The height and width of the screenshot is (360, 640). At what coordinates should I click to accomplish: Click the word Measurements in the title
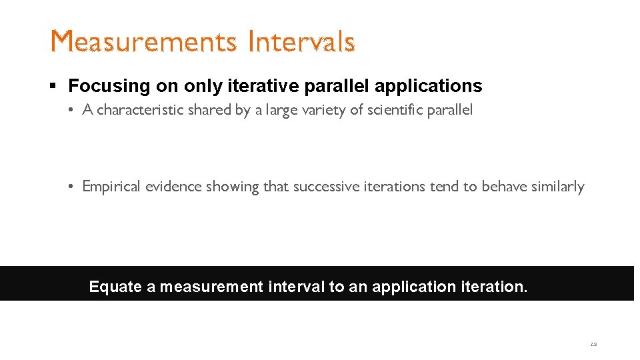143,42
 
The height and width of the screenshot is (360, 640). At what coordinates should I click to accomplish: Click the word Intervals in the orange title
301,42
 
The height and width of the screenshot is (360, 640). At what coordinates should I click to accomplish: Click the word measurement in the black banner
211,287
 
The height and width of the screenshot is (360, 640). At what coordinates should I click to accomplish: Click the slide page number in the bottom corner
593,345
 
